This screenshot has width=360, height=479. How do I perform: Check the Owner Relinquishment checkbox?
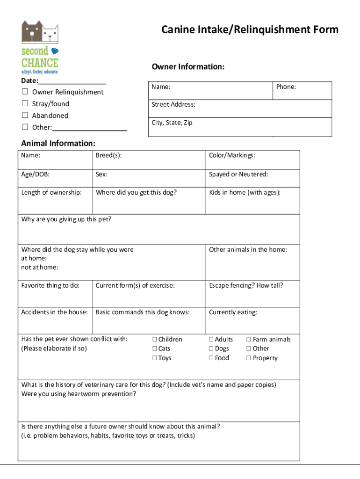25,92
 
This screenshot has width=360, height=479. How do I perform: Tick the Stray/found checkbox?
25,103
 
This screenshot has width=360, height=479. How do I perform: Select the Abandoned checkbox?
25,115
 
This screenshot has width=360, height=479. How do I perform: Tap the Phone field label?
286,87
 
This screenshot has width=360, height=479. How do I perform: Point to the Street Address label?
173,105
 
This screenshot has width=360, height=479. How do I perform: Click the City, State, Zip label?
172,123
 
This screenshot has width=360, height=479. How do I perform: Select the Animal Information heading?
58,143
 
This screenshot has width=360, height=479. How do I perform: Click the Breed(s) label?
108,156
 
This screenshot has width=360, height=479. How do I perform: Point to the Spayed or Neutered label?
238,174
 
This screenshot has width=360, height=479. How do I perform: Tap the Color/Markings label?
232,156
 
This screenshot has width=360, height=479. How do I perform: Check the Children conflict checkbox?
155,340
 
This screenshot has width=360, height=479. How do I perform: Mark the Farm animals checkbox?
249,340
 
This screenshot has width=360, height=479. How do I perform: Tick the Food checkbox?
211,358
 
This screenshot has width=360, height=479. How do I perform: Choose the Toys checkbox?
155,358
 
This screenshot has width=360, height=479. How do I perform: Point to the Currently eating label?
233,312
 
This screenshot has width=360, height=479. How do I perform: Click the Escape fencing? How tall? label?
246,285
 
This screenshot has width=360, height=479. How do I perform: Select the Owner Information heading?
188,67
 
